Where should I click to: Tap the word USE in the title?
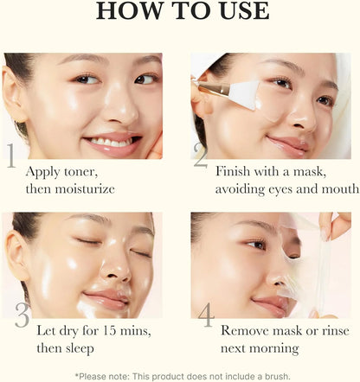[239, 11]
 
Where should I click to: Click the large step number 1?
[11, 156]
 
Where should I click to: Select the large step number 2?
[201, 156]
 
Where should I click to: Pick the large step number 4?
[205, 315]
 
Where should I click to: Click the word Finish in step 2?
[235, 171]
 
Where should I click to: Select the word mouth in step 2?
[338, 188]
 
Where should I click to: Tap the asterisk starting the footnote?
[77, 374]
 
